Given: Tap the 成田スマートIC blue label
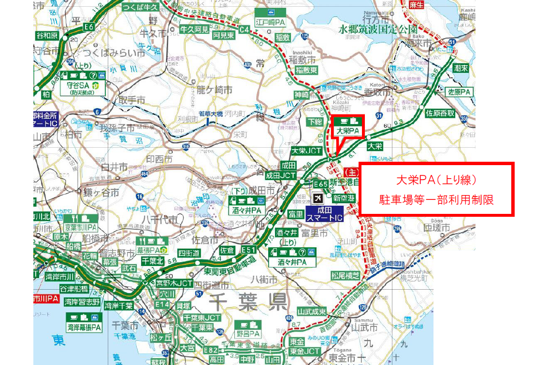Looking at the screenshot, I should (324, 214).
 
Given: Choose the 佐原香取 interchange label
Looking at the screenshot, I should (440, 113).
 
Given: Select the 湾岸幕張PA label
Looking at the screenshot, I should (84, 327).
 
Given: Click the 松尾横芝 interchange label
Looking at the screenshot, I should (346, 275).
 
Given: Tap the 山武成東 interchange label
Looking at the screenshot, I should (312, 312).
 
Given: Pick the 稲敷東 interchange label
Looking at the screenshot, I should (307, 70).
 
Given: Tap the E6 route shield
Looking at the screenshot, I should (88, 28).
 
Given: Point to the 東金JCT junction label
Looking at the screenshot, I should (305, 351).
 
